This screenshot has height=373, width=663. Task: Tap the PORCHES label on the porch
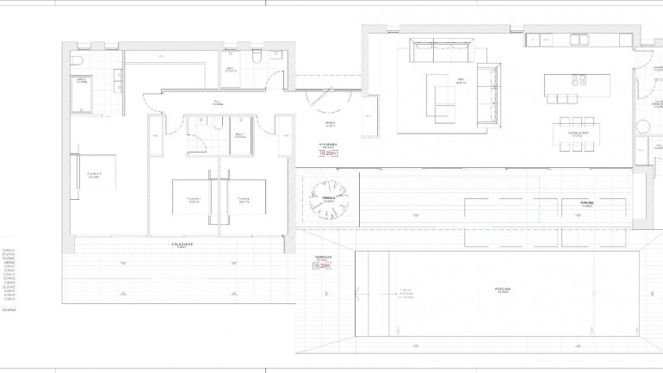point(586,204)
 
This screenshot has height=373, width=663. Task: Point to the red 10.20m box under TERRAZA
point(323,266)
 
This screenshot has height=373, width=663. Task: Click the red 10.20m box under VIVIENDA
point(327,152)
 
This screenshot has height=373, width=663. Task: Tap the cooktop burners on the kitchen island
point(579,83)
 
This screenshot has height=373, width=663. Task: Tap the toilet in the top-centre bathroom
point(257,57)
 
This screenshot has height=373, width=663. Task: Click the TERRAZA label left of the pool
point(323,258)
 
